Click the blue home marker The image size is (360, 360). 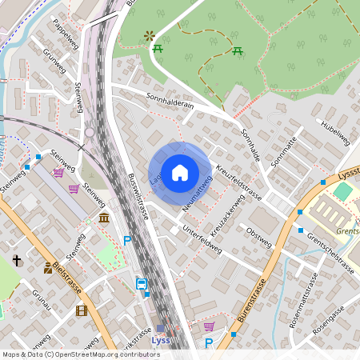[180, 173]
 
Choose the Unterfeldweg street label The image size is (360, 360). [201, 238]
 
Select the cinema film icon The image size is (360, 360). [80, 310]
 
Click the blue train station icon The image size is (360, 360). [142, 283]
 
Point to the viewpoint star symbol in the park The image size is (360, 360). [148, 36]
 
